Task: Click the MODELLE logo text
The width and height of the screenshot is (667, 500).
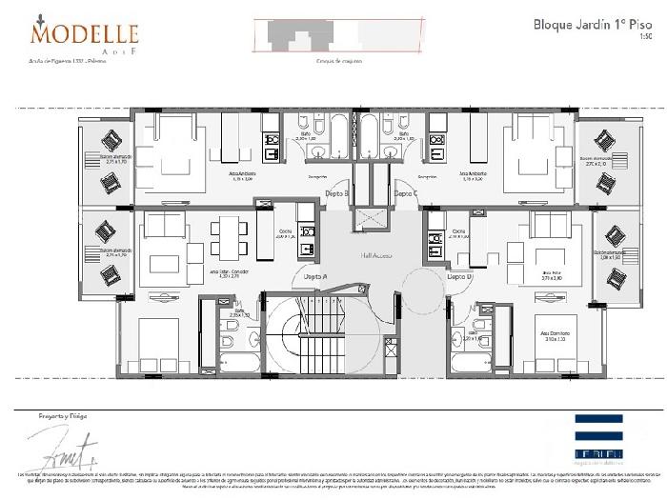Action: pos(85,33)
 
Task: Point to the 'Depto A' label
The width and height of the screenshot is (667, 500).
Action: pos(315,276)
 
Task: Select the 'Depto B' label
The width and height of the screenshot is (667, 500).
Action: pos(336,193)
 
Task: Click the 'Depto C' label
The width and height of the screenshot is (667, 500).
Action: pos(406,193)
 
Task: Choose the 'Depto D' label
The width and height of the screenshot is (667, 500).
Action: pos(460,276)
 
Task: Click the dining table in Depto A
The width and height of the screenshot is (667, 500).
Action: pos(228,238)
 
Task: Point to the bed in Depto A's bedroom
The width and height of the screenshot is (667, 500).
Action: pos(158,343)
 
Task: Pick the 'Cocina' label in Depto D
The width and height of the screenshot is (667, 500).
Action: pos(458,231)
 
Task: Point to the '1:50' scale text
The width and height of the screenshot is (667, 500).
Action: pos(646,37)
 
